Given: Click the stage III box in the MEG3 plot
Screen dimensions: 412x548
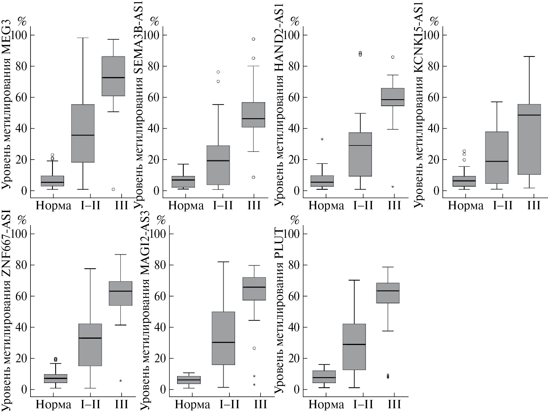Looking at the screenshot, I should pos(113,76).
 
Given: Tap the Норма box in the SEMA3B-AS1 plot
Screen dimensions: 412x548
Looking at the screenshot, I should pos(183,182).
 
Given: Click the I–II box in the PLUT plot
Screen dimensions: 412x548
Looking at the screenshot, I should pos(354,347).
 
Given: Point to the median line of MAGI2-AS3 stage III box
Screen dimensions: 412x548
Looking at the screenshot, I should pos(254,287).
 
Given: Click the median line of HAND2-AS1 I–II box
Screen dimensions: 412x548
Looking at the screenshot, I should pos(360,145).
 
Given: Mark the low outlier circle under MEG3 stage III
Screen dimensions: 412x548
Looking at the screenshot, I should pos(113,189).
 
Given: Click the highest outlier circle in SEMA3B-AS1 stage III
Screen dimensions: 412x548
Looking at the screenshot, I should pos(253,39).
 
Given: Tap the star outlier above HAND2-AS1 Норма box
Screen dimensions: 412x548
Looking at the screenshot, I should pos(322,139).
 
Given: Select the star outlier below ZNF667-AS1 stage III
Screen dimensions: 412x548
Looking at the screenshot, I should pos(120,381).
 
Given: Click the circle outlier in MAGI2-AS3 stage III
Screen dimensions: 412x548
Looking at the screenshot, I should pos(254,348).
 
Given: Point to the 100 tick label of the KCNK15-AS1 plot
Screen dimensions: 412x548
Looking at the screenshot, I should pos(432,35).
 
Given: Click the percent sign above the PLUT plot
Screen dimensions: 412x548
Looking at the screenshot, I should pos(295,220).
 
